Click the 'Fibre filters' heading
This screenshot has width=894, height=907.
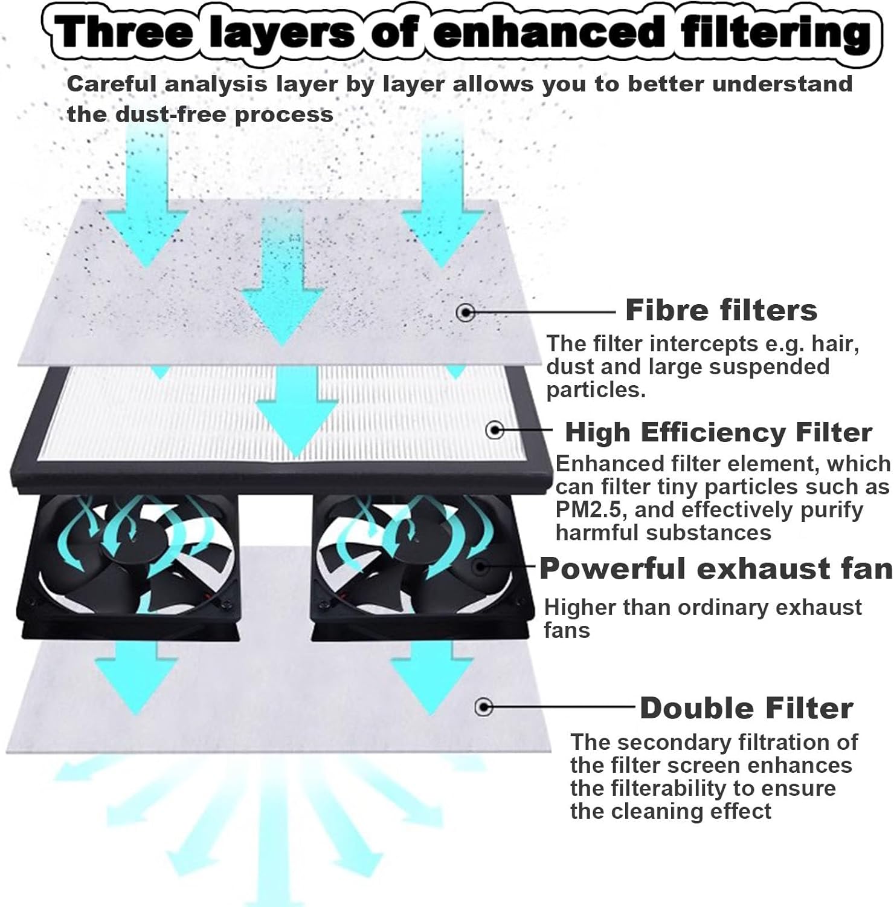pos(721,310)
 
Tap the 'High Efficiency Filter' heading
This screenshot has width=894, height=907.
pos(718,432)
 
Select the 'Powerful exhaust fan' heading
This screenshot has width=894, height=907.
pos(716,569)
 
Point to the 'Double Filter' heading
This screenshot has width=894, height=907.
pos(746,708)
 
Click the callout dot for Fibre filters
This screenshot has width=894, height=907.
pos(466,313)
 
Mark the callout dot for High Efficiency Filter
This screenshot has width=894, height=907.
pos(495,430)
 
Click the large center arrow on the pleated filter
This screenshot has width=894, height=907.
pos(296,411)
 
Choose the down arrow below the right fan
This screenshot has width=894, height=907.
pos(430,677)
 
